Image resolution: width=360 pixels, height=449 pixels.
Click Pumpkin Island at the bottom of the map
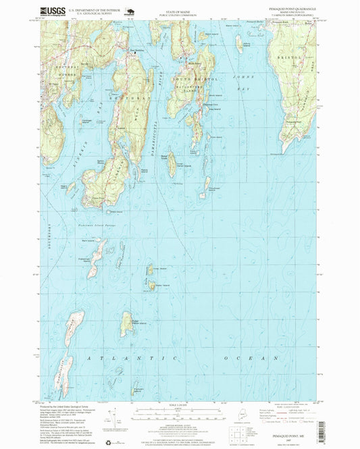tap(139, 390)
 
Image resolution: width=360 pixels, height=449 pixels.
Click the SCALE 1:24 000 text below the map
tap(180, 405)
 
